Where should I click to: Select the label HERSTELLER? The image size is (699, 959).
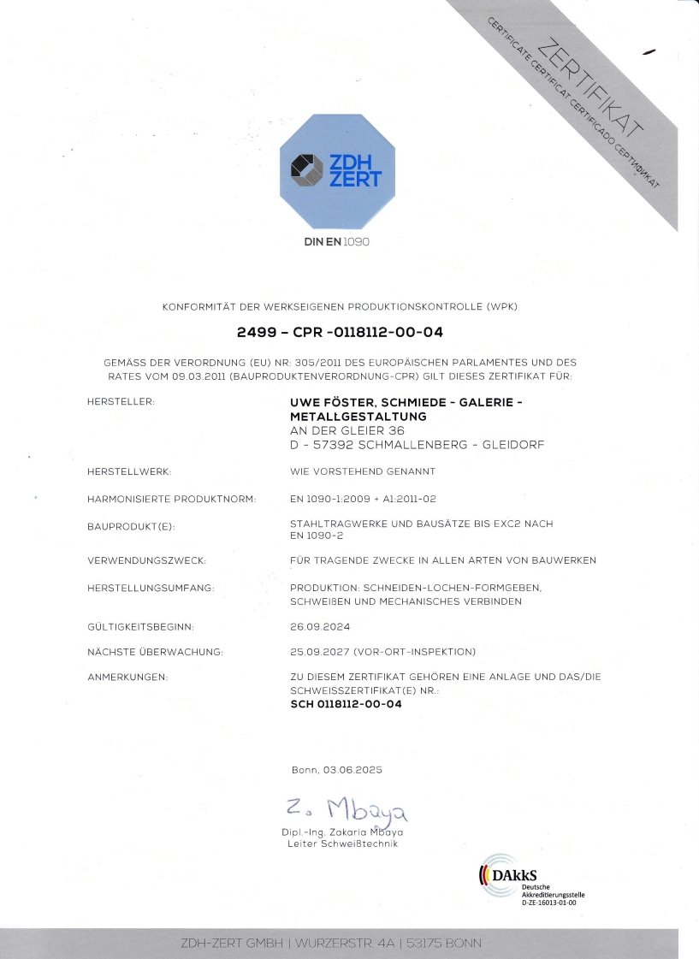[121, 400]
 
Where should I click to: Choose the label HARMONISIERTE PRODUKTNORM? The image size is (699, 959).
[172, 499]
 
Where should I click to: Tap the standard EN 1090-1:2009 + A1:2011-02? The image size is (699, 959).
[364, 498]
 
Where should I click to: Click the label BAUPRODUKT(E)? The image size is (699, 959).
[131, 526]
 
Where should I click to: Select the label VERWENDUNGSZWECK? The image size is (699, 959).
[147, 560]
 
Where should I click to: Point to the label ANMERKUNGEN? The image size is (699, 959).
[127, 678]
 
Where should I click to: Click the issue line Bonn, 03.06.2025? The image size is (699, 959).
[336, 770]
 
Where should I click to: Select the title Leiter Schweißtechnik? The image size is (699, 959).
[342, 844]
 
